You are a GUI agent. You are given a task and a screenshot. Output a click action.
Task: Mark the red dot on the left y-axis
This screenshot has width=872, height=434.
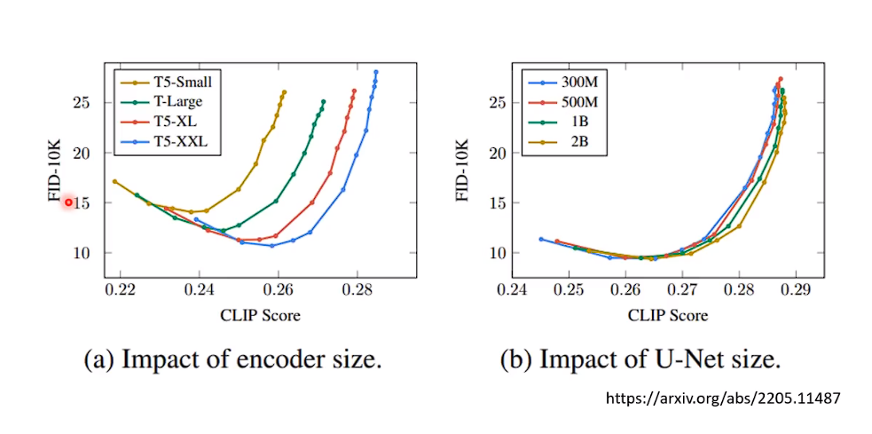68,202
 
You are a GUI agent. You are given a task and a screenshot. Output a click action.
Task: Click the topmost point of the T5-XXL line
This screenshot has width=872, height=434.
376,72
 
